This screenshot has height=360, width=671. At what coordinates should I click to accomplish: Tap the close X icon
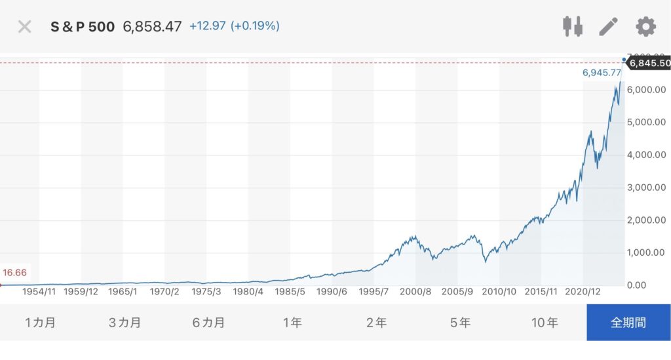point(24,27)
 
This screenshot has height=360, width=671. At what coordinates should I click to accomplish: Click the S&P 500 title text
point(83,27)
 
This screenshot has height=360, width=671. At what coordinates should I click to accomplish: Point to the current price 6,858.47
point(152,27)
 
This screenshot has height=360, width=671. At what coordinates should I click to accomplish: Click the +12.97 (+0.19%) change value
point(234,26)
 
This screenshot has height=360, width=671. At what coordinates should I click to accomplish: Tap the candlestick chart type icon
point(572,27)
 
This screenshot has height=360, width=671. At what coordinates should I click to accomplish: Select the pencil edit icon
point(609,27)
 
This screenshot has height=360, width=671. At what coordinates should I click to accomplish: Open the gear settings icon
point(645,27)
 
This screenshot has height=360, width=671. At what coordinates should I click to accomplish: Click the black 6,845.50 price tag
point(649,63)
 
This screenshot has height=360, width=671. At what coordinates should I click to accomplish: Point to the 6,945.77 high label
point(602,73)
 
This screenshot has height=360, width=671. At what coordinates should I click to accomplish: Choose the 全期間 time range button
point(628,323)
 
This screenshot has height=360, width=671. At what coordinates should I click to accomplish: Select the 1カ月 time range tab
point(41,323)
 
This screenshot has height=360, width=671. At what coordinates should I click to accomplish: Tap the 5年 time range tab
point(461,323)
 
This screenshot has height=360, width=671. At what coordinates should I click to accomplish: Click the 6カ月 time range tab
point(209,323)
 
